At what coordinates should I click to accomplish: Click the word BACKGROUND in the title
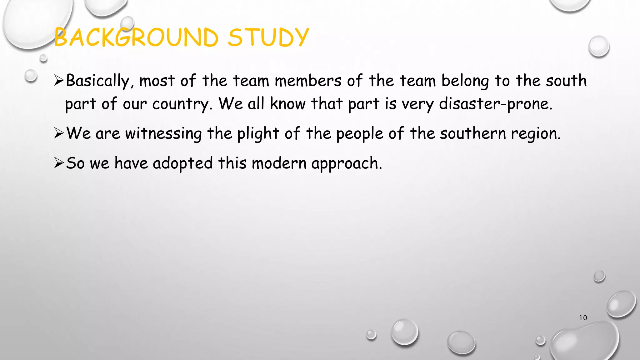click(136, 37)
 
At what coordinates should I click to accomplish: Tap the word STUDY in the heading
click(268, 37)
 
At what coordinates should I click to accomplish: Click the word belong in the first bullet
click(465, 81)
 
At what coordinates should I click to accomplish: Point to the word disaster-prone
click(496, 104)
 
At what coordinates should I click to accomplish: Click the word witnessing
click(163, 134)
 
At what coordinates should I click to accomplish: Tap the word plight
click(258, 134)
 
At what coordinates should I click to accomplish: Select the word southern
click(473, 134)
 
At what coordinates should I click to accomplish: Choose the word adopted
click(182, 163)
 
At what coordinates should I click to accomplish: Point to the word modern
click(279, 163)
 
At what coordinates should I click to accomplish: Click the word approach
click(346, 163)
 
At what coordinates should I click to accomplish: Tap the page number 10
click(583, 318)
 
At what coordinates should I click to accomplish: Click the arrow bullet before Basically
click(59, 81)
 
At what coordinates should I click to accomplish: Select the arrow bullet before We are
click(59, 133)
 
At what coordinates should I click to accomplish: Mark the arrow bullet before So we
click(59, 163)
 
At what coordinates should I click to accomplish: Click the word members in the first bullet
click(308, 81)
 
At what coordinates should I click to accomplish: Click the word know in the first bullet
click(287, 104)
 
